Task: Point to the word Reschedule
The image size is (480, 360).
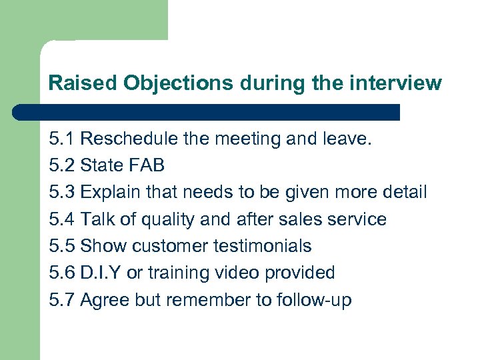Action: [129, 139]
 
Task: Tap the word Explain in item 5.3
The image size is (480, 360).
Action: [107, 193]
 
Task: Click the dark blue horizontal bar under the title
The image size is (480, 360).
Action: [207, 112]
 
